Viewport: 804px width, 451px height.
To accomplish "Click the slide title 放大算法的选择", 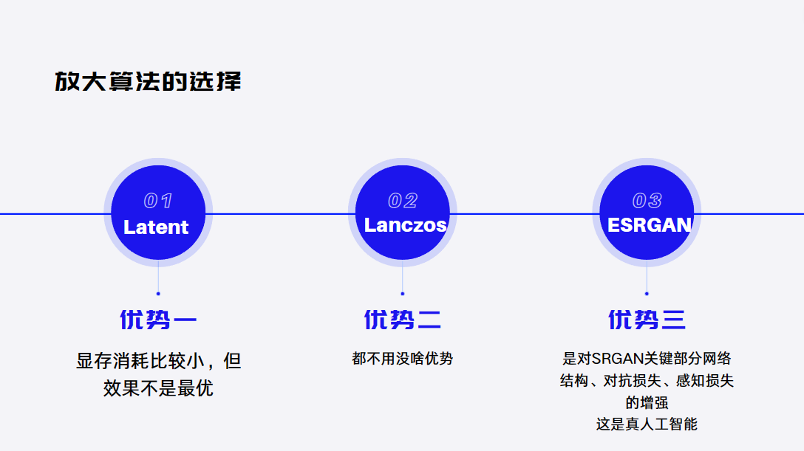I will pyautogui.click(x=148, y=81).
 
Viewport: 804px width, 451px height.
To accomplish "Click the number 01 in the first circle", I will pyautogui.click(x=158, y=201).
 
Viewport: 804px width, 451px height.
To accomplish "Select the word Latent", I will pyautogui.click(x=156, y=227).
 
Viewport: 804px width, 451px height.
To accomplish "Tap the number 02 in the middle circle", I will pyautogui.click(x=403, y=201).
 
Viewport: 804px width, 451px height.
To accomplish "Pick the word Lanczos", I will pyautogui.click(x=405, y=225).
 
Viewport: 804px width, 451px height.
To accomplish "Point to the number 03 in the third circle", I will pyautogui.click(x=647, y=201).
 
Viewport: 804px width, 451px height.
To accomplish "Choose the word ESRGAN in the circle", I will pyautogui.click(x=649, y=225).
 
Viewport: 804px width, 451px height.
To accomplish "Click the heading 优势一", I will pyautogui.click(x=158, y=320).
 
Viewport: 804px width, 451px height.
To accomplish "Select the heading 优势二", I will pyautogui.click(x=403, y=320).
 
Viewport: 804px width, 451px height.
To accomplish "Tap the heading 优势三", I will pyautogui.click(x=647, y=320).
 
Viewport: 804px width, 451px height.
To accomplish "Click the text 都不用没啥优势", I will pyautogui.click(x=403, y=359).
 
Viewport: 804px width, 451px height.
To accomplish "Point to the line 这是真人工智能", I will pyautogui.click(x=647, y=424).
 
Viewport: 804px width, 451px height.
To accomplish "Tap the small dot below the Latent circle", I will pyautogui.click(x=158, y=294).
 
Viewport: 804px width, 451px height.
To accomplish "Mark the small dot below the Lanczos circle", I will pyautogui.click(x=403, y=294).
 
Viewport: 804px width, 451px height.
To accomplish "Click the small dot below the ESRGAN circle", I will pyautogui.click(x=647, y=294).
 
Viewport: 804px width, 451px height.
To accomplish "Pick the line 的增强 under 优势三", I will pyautogui.click(x=647, y=403).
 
